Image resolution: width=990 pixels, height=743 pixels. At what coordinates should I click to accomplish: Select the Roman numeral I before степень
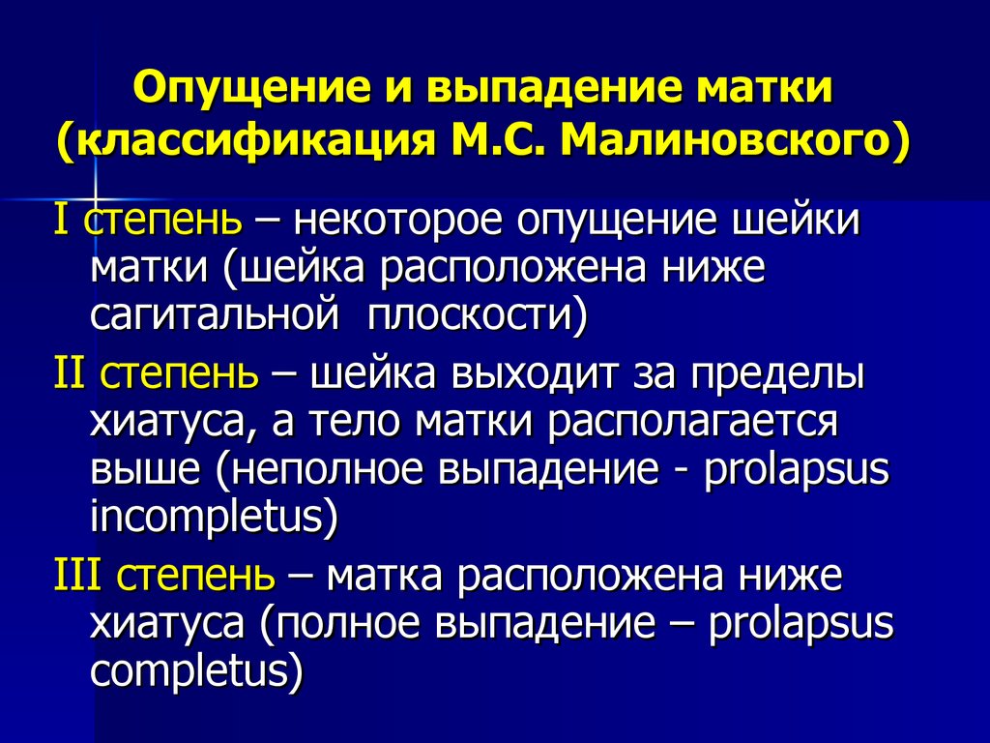point(61,220)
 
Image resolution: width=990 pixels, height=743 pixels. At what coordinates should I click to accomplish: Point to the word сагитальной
point(215,314)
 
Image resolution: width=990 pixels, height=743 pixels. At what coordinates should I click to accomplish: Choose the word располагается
point(693,425)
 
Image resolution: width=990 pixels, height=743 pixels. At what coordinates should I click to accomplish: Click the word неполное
point(330,470)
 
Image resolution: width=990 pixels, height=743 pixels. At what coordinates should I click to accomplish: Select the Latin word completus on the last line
point(190,671)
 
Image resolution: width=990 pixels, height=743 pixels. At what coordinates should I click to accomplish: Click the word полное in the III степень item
point(347,624)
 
